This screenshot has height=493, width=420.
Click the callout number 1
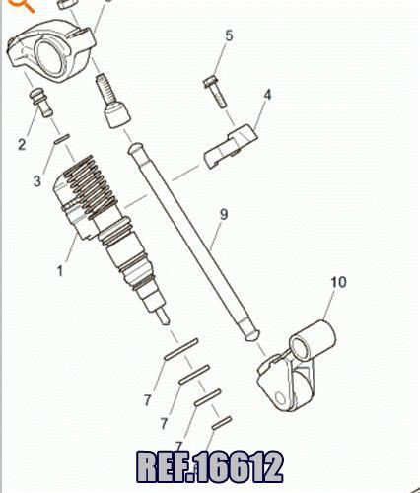point(60,271)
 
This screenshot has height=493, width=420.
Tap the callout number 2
point(22,144)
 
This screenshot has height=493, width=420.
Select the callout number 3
point(37,180)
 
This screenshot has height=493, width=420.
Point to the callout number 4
point(268,95)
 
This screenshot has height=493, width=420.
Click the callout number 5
point(229,35)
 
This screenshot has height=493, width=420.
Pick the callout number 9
point(224,214)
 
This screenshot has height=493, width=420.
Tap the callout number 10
point(338,282)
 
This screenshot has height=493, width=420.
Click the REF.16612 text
point(209,466)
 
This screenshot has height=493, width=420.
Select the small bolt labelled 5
point(215,92)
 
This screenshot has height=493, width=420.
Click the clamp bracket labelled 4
point(231,146)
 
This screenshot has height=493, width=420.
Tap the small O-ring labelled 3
point(62,139)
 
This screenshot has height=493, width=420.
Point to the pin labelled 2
point(41,103)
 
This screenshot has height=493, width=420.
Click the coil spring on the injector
point(90,185)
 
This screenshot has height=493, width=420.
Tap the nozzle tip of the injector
point(163,317)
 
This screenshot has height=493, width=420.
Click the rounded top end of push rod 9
point(135,148)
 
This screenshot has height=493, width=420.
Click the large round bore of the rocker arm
point(49,55)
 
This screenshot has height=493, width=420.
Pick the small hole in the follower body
point(280,398)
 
